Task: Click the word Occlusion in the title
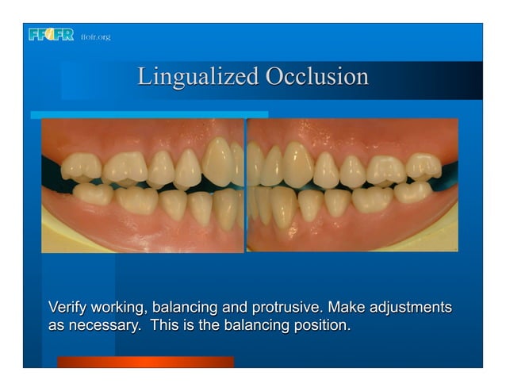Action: coord(316,77)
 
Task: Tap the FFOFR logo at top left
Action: coord(51,35)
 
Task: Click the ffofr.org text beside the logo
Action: coord(95,37)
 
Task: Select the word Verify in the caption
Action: coord(67,307)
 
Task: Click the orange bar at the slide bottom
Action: coord(145,362)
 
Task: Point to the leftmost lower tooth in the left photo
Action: coord(92,194)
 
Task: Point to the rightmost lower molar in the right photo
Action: coord(412,192)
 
